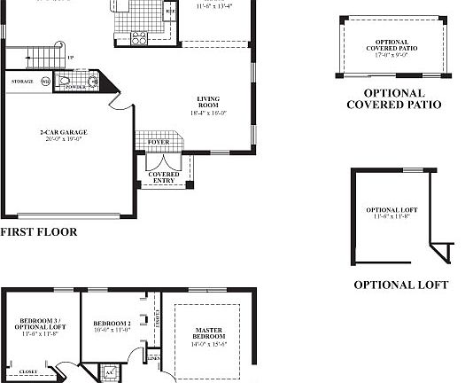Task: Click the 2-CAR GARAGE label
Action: click(63, 133)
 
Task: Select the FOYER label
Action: click(157, 140)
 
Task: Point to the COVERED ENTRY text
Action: click(164, 177)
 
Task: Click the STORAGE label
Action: click(22, 82)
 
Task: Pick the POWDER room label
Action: click(76, 88)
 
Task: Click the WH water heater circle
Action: click(45, 82)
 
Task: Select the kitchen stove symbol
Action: click(139, 38)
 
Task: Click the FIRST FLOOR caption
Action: click(38, 232)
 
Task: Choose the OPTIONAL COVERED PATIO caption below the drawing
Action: click(393, 98)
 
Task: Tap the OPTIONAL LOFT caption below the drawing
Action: click(400, 285)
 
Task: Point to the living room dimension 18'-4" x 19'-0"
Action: click(208, 113)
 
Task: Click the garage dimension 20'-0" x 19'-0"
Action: click(63, 139)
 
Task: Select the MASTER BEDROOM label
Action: click(208, 334)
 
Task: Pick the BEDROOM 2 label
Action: click(112, 323)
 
